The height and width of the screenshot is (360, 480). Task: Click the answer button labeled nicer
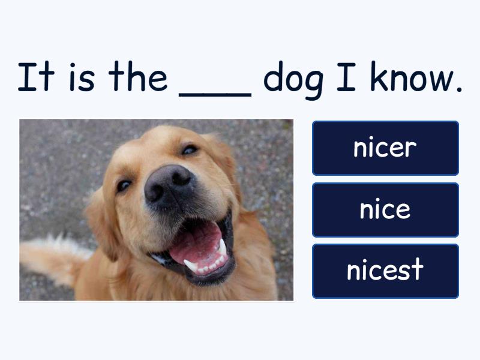click(385, 148)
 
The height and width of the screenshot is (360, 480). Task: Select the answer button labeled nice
click(385, 210)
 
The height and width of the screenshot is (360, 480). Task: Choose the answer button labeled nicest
click(385, 271)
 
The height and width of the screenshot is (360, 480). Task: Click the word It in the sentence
click(36, 77)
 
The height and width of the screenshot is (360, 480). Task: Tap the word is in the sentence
click(82, 77)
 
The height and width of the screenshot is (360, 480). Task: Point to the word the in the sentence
click(138, 76)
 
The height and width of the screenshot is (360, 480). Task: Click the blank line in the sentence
click(215, 95)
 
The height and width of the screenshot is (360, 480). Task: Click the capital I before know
click(346, 77)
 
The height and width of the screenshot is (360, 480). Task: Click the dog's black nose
click(169, 186)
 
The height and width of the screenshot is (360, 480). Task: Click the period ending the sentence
click(458, 89)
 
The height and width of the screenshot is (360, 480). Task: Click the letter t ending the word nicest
click(417, 269)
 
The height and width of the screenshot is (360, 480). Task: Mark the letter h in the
click(136, 76)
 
